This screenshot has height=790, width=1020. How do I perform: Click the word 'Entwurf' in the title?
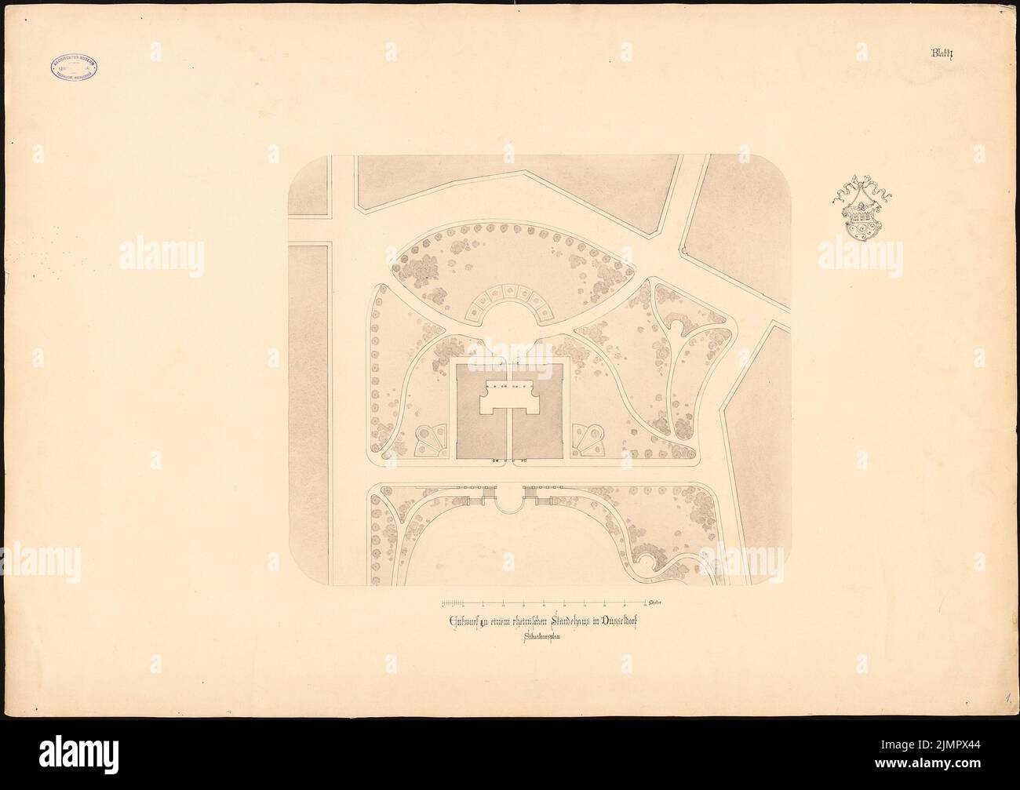coord(461,621)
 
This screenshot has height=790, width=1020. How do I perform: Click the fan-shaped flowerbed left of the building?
coord(429,440)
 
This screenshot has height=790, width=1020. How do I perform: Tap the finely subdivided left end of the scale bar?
coord(452,603)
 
